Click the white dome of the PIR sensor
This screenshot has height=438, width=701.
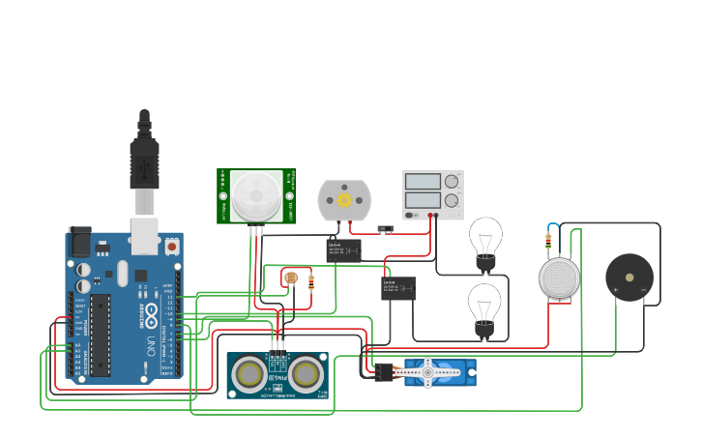coord(256,196)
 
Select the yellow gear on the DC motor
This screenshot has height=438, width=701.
coord(343,200)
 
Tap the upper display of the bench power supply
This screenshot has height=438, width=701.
coord(423,181)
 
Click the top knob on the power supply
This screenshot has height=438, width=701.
coord(452,181)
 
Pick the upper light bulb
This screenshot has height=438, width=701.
coord(485,238)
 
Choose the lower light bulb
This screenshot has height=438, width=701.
coord(485,305)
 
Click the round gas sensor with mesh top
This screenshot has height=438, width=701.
coord(558,278)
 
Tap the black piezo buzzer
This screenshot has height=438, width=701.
coord(628,277)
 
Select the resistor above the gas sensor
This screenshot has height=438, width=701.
coord(549,241)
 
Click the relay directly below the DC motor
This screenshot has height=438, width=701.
coord(343,250)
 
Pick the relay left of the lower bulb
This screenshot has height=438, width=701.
coord(397,288)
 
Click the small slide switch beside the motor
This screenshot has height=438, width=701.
coord(386,229)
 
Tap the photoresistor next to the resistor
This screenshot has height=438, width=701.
coord(291,279)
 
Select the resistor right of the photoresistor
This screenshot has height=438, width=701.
coord(310,281)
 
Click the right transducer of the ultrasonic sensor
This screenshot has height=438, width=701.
coord(306,373)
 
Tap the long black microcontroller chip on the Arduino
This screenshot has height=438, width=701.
coord(101,335)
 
